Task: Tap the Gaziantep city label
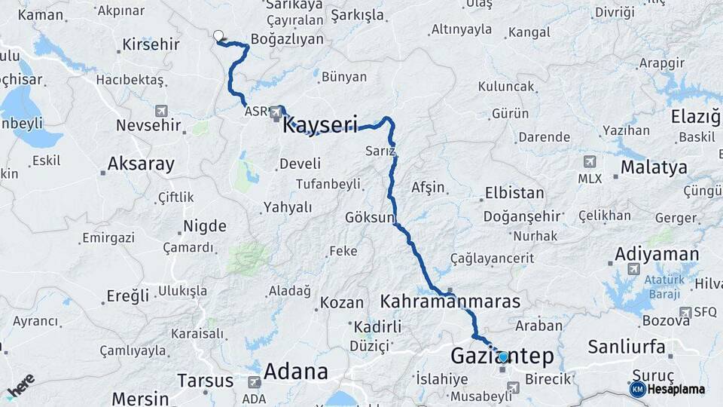pyautogui.click(x=502, y=357)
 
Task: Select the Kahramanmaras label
pyautogui.click(x=450, y=301)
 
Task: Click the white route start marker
pyautogui.click(x=218, y=35)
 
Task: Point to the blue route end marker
pyautogui.click(x=503, y=357)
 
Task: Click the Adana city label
pyautogui.click(x=296, y=372)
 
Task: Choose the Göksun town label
pyautogui.click(x=369, y=218)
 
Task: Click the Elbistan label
pyautogui.click(x=514, y=192)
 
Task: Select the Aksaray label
pyautogui.click(x=141, y=164)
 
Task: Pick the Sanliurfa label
pyautogui.click(x=626, y=347)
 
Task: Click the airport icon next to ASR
pyautogui.click(x=276, y=112)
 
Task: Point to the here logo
pyautogui.click(x=20, y=384)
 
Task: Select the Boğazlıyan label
pyautogui.click(x=287, y=39)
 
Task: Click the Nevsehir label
pyautogui.click(x=148, y=126)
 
